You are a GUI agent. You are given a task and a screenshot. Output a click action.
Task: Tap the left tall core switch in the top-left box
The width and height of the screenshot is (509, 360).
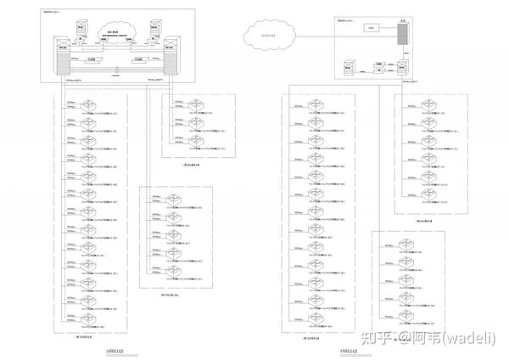(x=62, y=55)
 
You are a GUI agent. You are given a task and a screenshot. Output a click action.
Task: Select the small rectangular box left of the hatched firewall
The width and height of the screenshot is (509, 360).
(x=371, y=29)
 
